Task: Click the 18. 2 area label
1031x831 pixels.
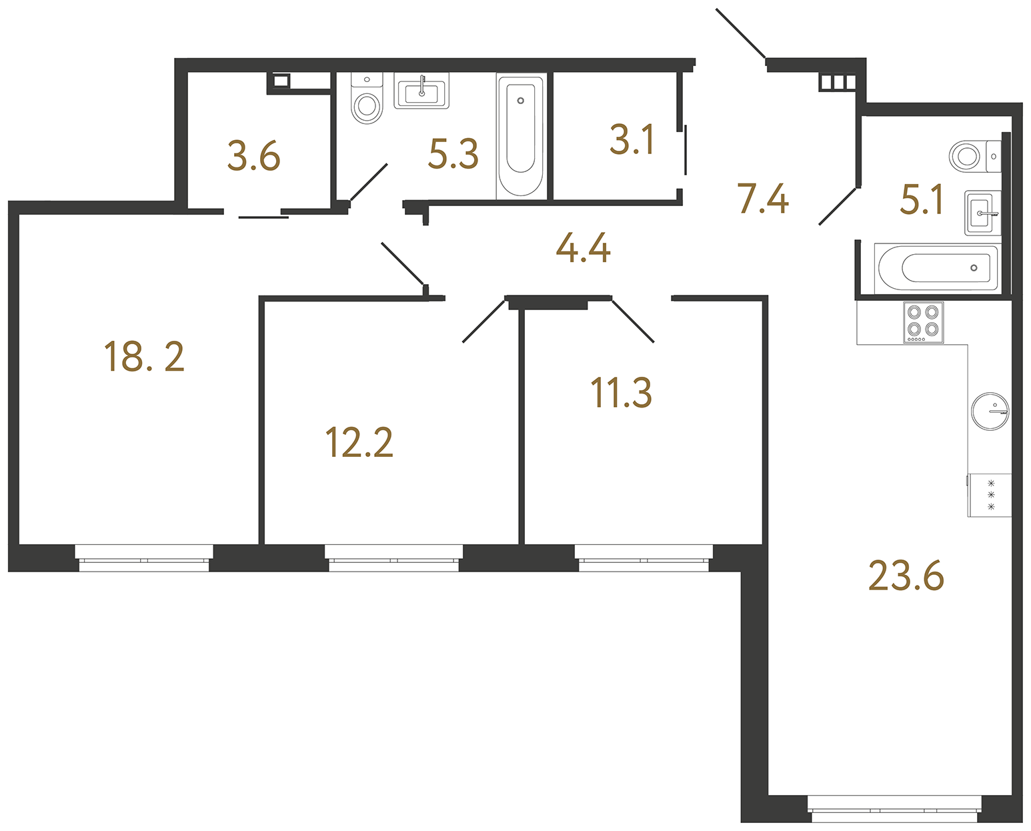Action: pyautogui.click(x=144, y=357)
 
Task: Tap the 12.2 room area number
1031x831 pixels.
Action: pyautogui.click(x=359, y=442)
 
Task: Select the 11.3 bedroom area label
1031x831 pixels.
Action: pyautogui.click(x=622, y=392)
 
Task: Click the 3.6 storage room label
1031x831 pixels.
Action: pyautogui.click(x=254, y=156)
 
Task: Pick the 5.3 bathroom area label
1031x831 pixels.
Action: pyautogui.click(x=453, y=154)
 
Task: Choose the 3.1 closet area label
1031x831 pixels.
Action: pyautogui.click(x=632, y=139)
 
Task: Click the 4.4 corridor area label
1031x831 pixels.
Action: pyautogui.click(x=583, y=247)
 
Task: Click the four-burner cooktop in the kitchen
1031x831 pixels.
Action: pyautogui.click(x=924, y=322)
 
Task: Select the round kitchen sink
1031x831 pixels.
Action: pyautogui.click(x=990, y=411)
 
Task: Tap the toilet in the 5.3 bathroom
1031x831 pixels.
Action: pyautogui.click(x=367, y=98)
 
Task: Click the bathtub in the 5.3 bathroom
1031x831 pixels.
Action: pyautogui.click(x=522, y=135)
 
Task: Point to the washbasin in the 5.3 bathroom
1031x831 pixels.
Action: pyautogui.click(x=421, y=91)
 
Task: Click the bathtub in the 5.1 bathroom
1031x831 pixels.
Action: pyautogui.click(x=936, y=268)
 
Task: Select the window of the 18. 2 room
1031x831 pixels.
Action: pyautogui.click(x=144, y=558)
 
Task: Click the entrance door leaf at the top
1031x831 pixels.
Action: pyautogui.click(x=741, y=33)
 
